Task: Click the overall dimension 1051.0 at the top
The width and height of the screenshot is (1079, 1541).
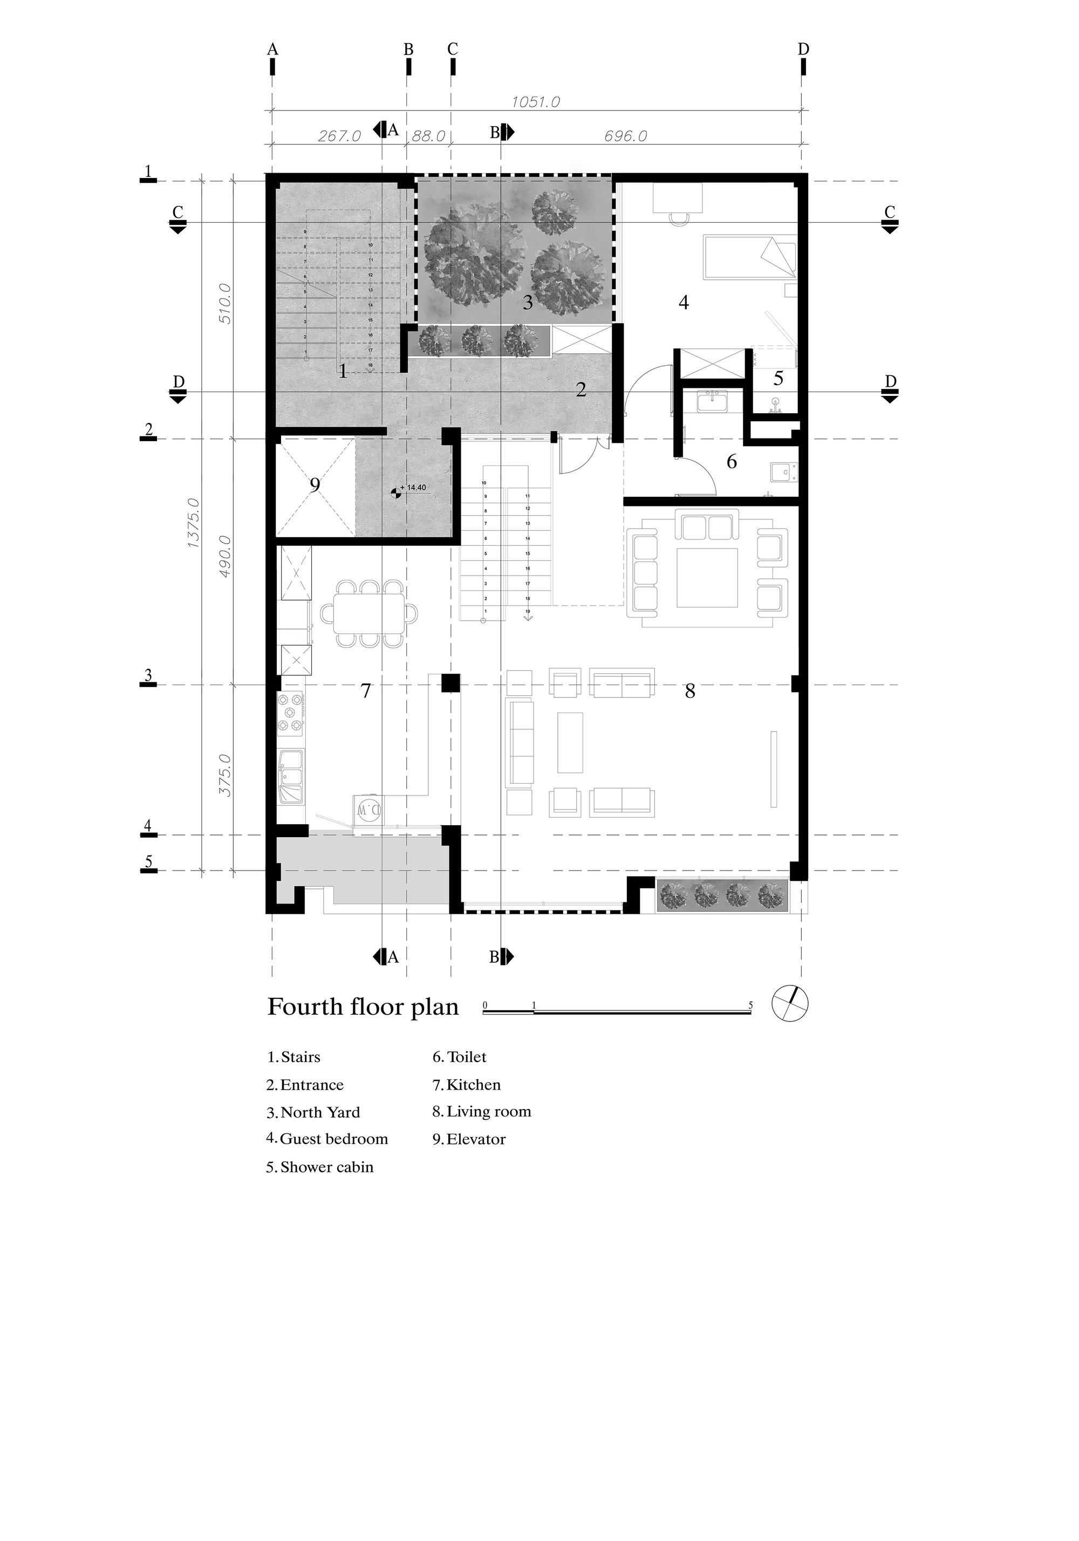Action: [x=535, y=102]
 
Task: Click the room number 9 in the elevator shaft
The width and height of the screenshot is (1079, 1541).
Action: [x=315, y=484]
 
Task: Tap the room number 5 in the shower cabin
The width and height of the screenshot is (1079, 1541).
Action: [x=778, y=378]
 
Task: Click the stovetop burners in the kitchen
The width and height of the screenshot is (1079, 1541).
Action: [x=291, y=713]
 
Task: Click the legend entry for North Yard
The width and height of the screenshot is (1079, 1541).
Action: [x=313, y=1112]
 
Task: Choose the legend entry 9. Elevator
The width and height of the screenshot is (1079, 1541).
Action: [x=469, y=1139]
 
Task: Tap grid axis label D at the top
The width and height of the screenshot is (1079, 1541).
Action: [x=803, y=49]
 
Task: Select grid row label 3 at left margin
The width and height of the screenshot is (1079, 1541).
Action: [x=148, y=675]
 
